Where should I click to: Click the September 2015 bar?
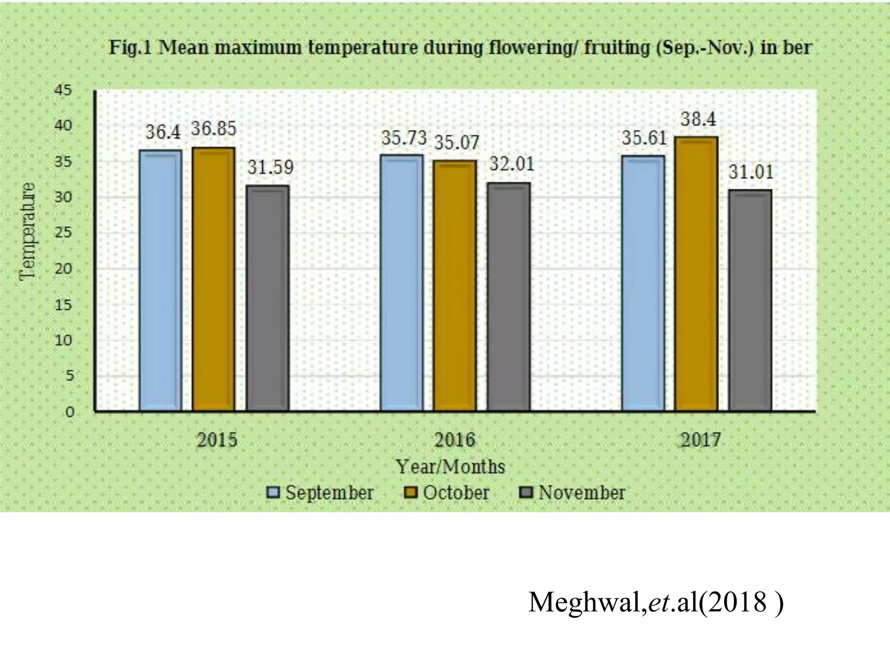(x=160, y=281)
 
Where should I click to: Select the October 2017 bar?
(x=696, y=274)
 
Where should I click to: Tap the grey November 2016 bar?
(x=508, y=297)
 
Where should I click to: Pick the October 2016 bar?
(x=455, y=286)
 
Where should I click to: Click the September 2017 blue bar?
(x=643, y=283)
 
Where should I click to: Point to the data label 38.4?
(x=698, y=119)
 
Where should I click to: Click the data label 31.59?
(x=270, y=167)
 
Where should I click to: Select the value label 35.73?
(x=404, y=138)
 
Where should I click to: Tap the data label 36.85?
(x=213, y=129)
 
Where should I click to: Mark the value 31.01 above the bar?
(x=751, y=172)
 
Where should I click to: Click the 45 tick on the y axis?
(x=63, y=90)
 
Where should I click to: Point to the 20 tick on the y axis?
(x=63, y=269)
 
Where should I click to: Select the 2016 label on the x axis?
(x=455, y=441)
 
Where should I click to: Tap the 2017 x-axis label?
(x=701, y=441)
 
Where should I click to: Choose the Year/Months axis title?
(x=451, y=467)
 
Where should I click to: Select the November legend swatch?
(x=527, y=493)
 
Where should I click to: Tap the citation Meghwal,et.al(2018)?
(x=656, y=603)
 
